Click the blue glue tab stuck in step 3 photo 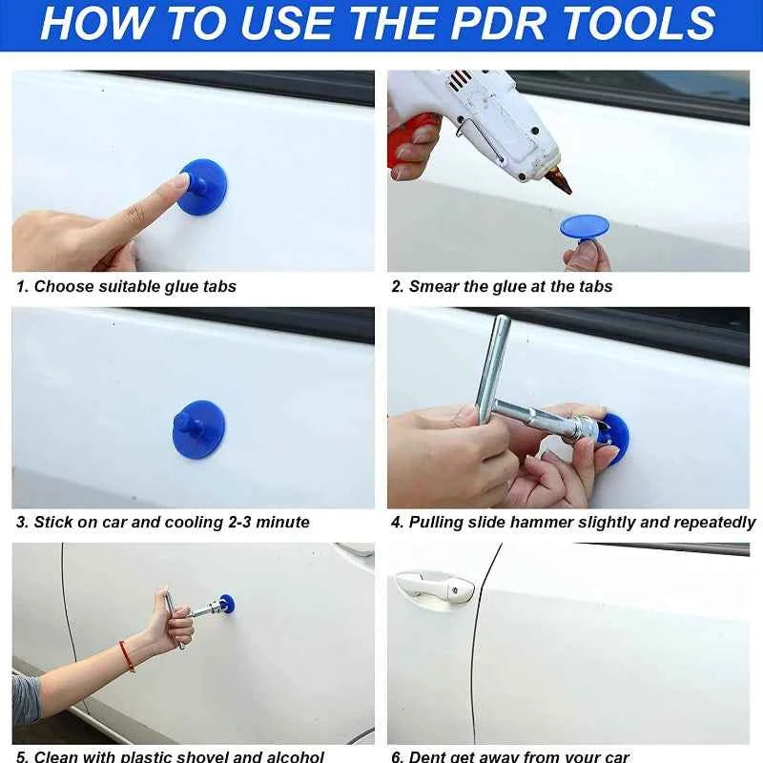[199, 428]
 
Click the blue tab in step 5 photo [226, 604]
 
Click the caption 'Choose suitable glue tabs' [134, 286]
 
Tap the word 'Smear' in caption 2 [434, 286]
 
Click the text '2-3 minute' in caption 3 [268, 522]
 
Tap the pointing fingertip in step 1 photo [181, 180]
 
